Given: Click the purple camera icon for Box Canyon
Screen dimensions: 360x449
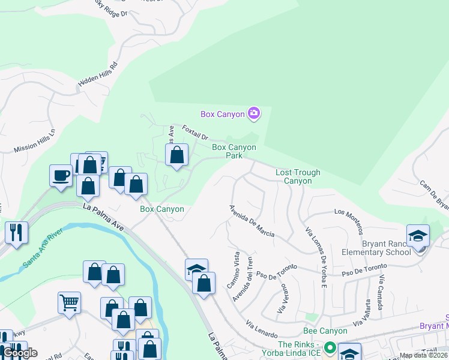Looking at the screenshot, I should click(x=253, y=113).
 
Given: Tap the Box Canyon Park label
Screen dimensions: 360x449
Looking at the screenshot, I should click(x=234, y=151).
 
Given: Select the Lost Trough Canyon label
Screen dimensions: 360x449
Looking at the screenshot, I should click(x=298, y=176).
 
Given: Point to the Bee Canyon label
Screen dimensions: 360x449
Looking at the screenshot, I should click(x=325, y=331).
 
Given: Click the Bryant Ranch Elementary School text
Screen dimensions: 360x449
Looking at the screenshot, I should click(x=386, y=248).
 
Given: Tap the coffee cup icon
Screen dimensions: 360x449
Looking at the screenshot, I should click(x=61, y=175).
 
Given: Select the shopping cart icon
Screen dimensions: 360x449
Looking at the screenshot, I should click(x=69, y=302).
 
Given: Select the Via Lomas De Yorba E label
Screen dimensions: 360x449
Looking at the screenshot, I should click(x=315, y=248).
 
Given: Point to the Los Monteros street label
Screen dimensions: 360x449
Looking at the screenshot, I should click(x=349, y=220).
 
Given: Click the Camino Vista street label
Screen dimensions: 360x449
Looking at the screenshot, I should click(x=234, y=269).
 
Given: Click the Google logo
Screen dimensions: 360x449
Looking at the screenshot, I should click(x=20, y=353).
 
